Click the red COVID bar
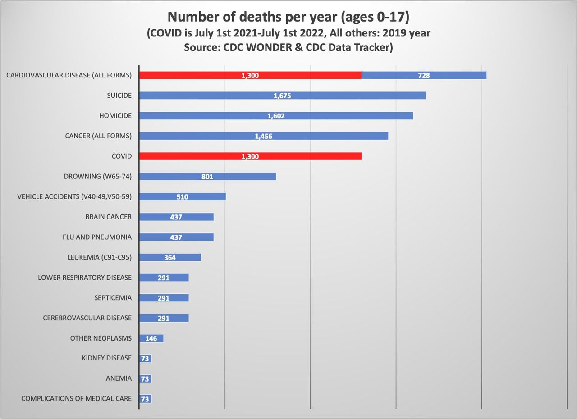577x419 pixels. (x=250, y=156)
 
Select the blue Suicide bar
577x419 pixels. (x=282, y=96)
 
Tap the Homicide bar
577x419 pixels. (x=276, y=116)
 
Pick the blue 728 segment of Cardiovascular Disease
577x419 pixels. (x=424, y=75)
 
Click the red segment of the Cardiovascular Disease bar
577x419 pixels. (x=250, y=75)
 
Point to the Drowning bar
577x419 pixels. (x=207, y=177)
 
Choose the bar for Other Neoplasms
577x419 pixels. (x=151, y=338)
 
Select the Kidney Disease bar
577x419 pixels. (x=145, y=359)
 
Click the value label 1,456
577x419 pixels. (x=263, y=136)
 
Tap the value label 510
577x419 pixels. (x=183, y=197)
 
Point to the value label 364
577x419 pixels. (x=170, y=258)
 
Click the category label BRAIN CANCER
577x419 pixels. (x=109, y=217)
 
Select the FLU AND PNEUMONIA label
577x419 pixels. (x=97, y=237)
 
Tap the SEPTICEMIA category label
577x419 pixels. (x=113, y=298)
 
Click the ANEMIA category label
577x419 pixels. (x=119, y=378)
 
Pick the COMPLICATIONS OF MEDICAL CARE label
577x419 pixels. (x=77, y=399)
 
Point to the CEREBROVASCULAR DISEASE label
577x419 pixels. (x=87, y=318)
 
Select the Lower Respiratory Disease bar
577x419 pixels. (x=164, y=278)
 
